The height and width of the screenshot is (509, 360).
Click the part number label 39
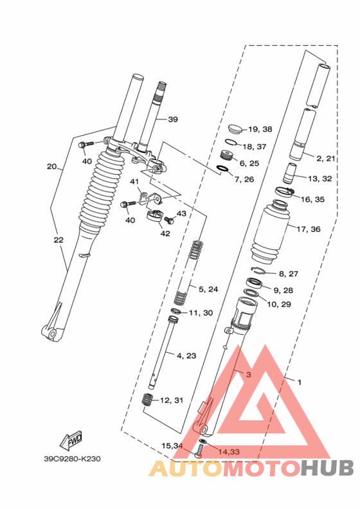173,120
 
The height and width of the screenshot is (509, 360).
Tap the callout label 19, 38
260,129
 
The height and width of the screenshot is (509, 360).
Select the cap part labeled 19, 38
236,129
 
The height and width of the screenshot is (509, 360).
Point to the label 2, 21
325,158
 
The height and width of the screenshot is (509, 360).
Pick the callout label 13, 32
320,179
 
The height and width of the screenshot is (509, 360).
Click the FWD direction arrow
71,440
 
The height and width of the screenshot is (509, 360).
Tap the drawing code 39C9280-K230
73,459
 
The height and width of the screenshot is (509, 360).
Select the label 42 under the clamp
165,233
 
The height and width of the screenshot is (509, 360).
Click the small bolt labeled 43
169,220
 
